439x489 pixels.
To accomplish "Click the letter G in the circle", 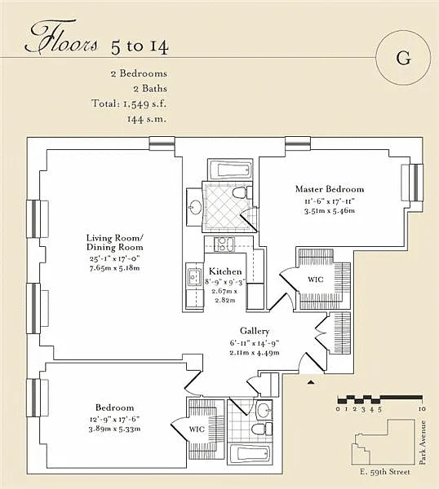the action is click(x=403, y=58).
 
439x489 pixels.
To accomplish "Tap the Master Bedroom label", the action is click(x=330, y=189).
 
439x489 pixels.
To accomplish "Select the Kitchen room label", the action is click(x=225, y=271).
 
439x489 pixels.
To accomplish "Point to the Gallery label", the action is click(x=255, y=331).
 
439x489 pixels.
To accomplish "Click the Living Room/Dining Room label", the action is click(x=114, y=243).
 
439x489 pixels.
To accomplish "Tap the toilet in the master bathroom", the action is click(x=242, y=192).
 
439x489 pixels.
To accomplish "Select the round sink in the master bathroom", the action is click(x=196, y=206).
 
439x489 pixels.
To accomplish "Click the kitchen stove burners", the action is click(x=224, y=244).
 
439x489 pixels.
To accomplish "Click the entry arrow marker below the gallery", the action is click(x=310, y=382).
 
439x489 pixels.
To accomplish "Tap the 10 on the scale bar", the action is click(x=422, y=408).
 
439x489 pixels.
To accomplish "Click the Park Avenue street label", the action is click(x=423, y=443).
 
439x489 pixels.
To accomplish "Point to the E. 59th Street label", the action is click(x=384, y=472).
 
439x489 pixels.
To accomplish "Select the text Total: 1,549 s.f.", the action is click(x=129, y=104).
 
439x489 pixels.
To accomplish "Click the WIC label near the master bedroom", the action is click(x=315, y=279).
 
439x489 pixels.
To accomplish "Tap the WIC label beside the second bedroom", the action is click(x=197, y=429).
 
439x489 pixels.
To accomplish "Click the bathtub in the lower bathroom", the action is click(x=250, y=455).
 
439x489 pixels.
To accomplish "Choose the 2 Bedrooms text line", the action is click(x=139, y=73).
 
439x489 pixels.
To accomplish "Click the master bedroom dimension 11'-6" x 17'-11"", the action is click(x=330, y=201).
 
